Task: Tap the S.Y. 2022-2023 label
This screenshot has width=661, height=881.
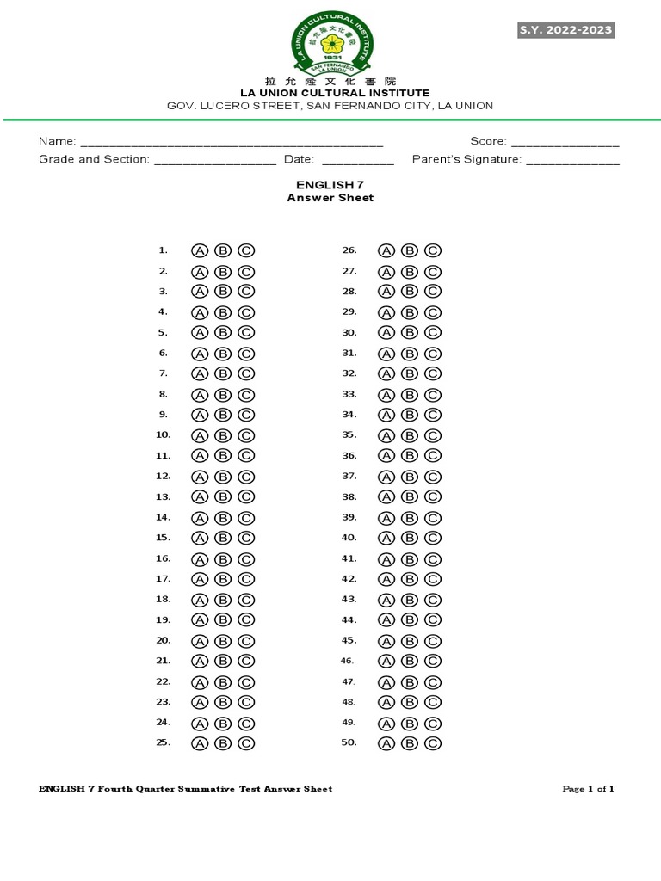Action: click(x=565, y=30)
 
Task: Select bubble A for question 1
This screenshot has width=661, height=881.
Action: click(x=199, y=250)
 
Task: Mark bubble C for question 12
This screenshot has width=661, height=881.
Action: click(x=246, y=477)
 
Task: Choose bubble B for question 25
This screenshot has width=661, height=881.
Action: click(x=223, y=743)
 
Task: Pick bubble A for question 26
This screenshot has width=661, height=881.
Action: click(x=386, y=250)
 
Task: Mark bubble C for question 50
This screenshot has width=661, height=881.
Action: click(x=433, y=743)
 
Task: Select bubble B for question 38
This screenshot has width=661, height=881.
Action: click(x=410, y=497)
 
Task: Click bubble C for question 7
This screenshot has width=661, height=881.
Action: click(x=246, y=373)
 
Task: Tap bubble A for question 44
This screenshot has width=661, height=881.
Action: click(x=386, y=620)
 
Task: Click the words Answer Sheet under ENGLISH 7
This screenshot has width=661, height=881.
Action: click(x=330, y=198)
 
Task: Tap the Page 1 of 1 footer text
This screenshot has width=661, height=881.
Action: click(x=589, y=789)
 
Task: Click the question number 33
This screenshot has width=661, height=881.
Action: click(x=349, y=394)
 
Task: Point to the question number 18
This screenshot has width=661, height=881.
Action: click(x=163, y=599)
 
